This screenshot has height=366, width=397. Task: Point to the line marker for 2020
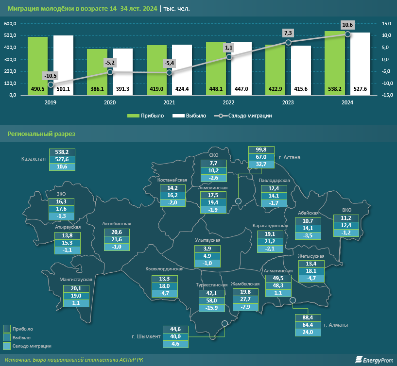tap(110, 72)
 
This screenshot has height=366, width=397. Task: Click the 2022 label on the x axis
tap(228, 102)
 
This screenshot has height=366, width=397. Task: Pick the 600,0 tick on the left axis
tap(10, 24)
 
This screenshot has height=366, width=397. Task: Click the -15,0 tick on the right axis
tap(387, 95)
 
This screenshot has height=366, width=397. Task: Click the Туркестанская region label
tap(211, 285)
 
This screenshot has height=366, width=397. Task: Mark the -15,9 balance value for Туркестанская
tap(212, 308)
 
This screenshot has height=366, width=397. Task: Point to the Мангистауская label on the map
tap(75, 280)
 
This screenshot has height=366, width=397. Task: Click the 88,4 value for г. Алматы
tap(308, 318)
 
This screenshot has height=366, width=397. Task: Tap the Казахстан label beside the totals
tap(34, 159)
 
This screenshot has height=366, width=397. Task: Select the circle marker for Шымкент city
tap(224, 324)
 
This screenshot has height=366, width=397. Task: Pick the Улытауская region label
tap(208, 240)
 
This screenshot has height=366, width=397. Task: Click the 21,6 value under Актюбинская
tap(117, 240)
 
